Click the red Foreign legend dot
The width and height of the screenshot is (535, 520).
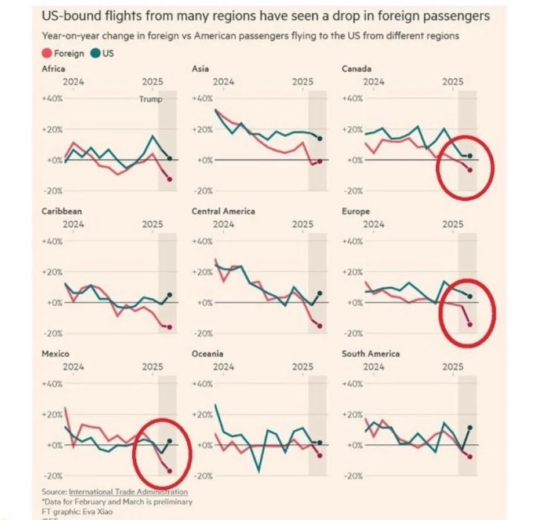pyautogui.click(x=47, y=54)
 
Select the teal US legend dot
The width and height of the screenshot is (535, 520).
pyautogui.click(x=96, y=54)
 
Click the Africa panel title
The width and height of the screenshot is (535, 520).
pyautogui.click(x=53, y=69)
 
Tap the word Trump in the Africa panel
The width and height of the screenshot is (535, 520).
pyautogui.click(x=151, y=99)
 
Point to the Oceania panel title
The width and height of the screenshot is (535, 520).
pyautogui.click(x=208, y=354)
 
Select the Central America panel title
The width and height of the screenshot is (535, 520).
pyautogui.click(x=223, y=211)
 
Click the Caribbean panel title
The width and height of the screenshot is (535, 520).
pyautogui.click(x=61, y=211)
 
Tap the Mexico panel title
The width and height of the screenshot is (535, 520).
pyautogui.click(x=56, y=354)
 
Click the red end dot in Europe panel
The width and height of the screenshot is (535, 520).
pyautogui.click(x=470, y=324)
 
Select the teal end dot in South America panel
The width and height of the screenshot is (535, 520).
pyautogui.click(x=470, y=427)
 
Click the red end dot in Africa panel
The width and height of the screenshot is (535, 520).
pyautogui.click(x=170, y=180)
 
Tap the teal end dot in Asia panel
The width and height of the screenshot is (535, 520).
pyautogui.click(x=320, y=138)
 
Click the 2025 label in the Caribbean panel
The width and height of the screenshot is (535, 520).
pyautogui.click(x=153, y=224)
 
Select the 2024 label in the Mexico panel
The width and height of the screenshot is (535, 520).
pyautogui.click(x=73, y=367)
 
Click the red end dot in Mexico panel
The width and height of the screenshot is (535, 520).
pyautogui.click(x=170, y=471)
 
